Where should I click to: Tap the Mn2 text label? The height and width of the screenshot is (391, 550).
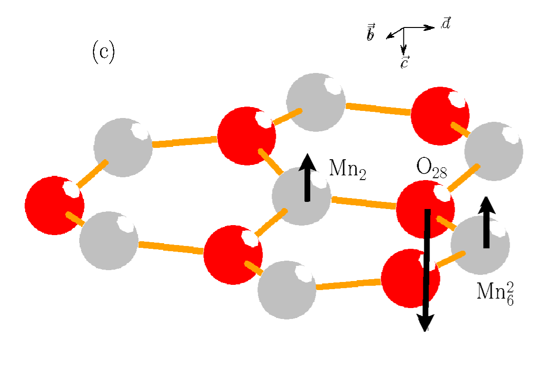pyautogui.click(x=347, y=169)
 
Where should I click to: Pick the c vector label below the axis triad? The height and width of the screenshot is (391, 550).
pyautogui.click(x=404, y=62)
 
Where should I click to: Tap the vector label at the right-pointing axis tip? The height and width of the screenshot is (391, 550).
pyautogui.click(x=446, y=23)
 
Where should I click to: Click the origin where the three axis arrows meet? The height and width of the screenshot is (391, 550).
pyautogui.click(x=403, y=28)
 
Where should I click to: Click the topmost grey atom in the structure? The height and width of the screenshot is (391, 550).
pyautogui.click(x=316, y=102)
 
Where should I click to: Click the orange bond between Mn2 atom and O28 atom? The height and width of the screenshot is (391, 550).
pyautogui.click(x=364, y=202)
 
